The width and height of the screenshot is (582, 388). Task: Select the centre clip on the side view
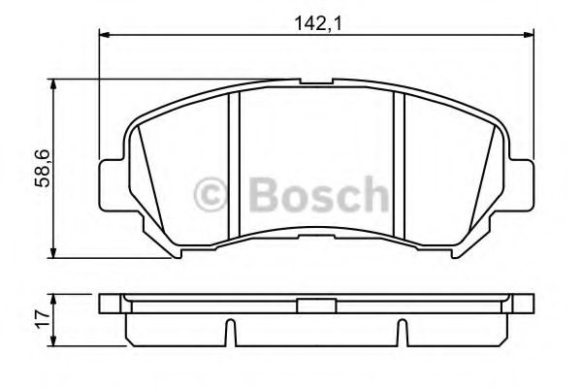(314, 306)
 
